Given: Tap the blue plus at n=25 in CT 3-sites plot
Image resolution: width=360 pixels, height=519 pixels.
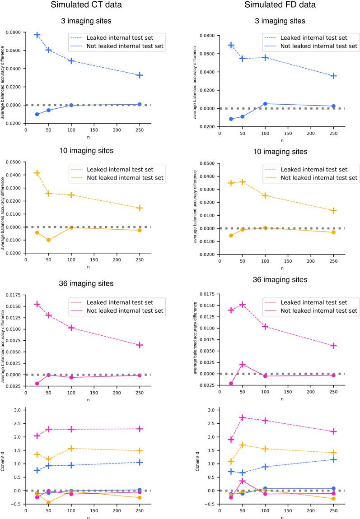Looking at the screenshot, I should [x=37, y=35].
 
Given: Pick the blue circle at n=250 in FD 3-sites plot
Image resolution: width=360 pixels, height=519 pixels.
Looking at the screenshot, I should [x=333, y=106].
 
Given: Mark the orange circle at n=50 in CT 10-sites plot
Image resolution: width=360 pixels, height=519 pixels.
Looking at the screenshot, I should [x=48, y=240].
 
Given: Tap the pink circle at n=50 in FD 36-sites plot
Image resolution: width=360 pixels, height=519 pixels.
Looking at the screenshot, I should [x=243, y=364].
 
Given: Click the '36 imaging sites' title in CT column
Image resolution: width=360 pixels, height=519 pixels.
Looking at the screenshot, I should [x=88, y=283].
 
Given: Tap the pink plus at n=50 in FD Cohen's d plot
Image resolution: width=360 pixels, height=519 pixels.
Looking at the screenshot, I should [x=243, y=417].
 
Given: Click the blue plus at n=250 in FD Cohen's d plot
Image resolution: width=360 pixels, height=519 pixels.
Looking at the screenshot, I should [x=333, y=459].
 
